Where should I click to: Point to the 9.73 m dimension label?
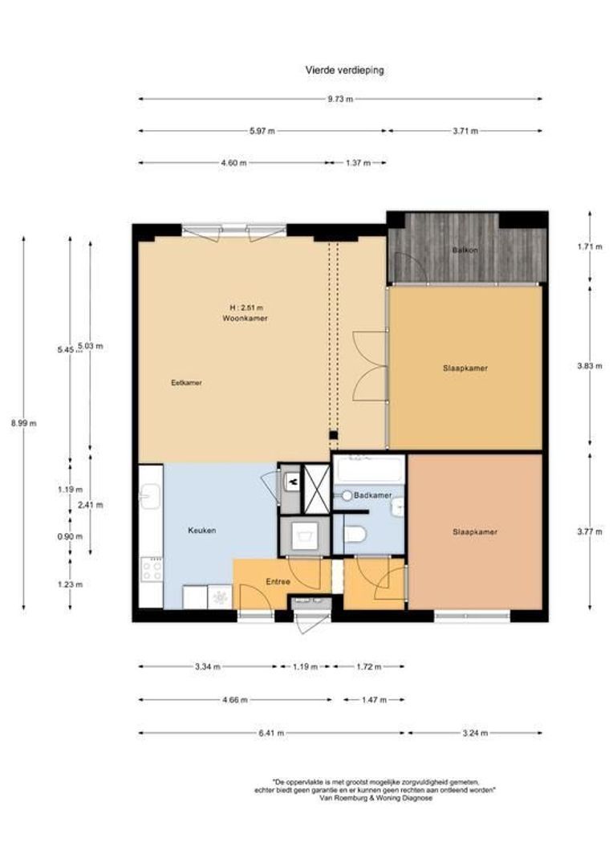[x=339, y=100]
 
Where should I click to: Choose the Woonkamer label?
[x=246, y=319]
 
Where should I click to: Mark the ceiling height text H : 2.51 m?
[x=246, y=307]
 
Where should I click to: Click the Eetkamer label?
[x=187, y=383]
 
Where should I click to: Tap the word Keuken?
[x=202, y=531]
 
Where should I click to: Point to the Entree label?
[x=278, y=581]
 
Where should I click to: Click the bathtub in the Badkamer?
[x=369, y=468]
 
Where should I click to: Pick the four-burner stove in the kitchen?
[x=151, y=570]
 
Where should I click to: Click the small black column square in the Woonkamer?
[x=333, y=435]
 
